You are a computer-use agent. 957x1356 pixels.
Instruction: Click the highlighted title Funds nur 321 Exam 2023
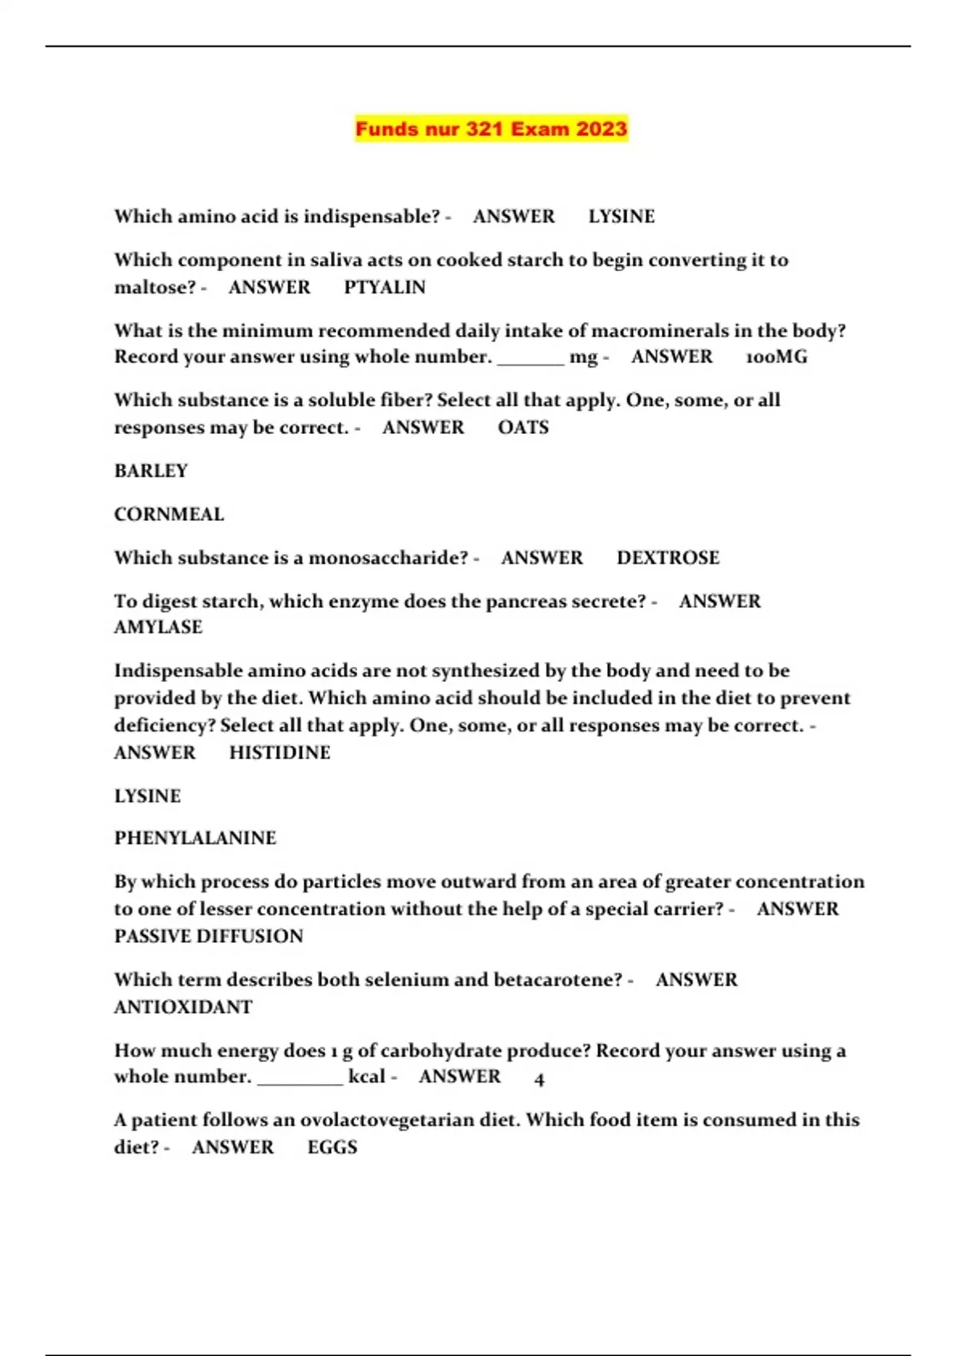coord(491,128)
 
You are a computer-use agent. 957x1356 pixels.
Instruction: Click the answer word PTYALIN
coord(384,287)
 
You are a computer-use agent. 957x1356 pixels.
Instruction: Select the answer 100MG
coord(776,357)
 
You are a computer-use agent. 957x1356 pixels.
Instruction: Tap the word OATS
coord(523,428)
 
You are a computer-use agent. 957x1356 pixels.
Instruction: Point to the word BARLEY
coord(151,471)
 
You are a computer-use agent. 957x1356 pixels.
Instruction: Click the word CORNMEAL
coord(169,514)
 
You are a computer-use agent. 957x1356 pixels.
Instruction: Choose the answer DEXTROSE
coord(668,558)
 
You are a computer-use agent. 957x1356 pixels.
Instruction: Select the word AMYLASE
coord(158,627)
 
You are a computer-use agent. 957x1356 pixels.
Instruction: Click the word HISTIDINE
coord(279,752)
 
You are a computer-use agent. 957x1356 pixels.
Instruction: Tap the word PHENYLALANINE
coord(195,838)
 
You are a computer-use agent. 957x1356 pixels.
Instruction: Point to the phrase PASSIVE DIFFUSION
coord(208,936)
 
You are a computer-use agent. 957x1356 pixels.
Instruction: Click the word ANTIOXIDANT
coord(183,1007)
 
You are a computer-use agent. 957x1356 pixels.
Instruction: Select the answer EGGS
coord(332,1147)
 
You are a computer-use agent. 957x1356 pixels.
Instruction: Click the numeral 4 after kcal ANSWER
coord(539,1079)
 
